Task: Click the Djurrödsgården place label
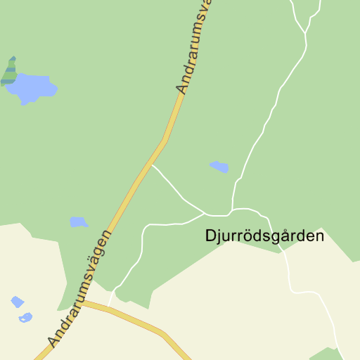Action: [x=265, y=236]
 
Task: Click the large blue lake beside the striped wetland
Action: [x=32, y=88]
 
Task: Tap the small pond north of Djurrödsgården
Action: [x=219, y=167]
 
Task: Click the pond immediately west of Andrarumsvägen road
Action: [x=78, y=222]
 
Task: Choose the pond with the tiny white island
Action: [x=26, y=317]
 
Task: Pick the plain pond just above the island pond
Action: [x=18, y=302]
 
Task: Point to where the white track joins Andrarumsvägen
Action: [x=152, y=165]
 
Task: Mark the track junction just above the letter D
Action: [x=205, y=212]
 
